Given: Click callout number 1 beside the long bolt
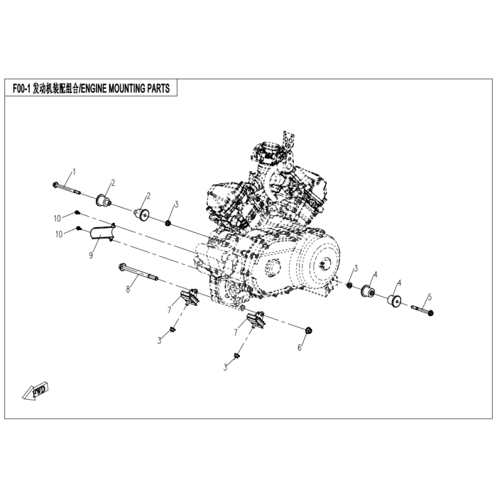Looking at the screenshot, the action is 74,172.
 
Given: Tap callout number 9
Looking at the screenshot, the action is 91,255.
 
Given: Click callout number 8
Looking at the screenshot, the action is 128,289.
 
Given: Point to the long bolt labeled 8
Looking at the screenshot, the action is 138,272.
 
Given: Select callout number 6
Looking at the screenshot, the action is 300,348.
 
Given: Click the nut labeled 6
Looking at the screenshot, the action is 308,331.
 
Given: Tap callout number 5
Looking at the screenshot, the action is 430,297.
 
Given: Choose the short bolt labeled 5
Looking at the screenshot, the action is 422,310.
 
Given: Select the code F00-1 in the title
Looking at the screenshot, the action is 21,89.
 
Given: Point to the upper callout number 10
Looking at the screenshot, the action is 57,219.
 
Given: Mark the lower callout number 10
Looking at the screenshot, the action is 59,234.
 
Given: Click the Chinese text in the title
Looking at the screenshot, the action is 55,89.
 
